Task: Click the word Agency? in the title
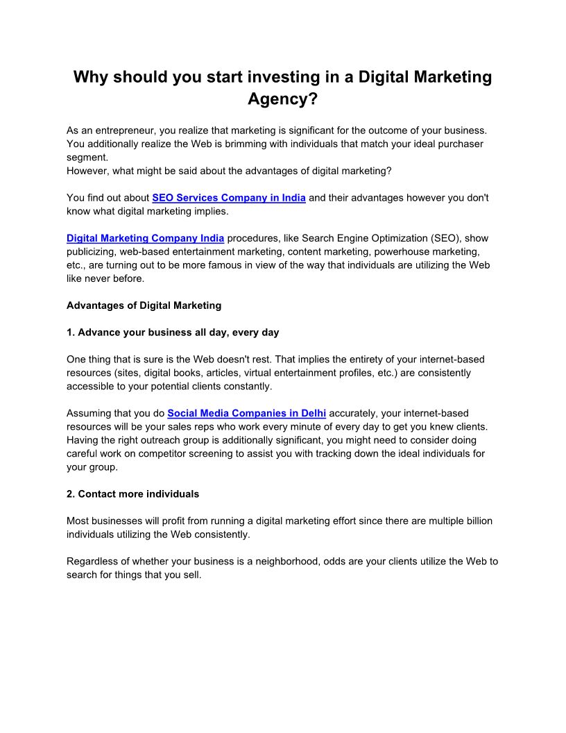[x=282, y=99]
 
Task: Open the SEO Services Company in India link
[x=229, y=198]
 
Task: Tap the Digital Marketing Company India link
[x=145, y=238]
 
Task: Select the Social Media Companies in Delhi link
[x=247, y=413]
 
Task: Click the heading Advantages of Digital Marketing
[x=144, y=305]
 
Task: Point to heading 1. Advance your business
[x=173, y=332]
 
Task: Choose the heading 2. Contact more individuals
[x=132, y=494]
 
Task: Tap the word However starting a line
[x=88, y=171]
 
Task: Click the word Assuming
[x=88, y=413]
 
